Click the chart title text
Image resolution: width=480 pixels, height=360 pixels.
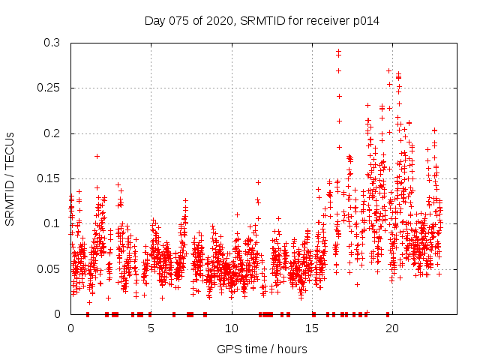click(262, 21)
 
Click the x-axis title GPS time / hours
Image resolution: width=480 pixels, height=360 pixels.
click(262, 349)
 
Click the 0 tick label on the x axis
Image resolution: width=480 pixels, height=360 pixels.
click(70, 328)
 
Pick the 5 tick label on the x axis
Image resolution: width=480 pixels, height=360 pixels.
click(151, 328)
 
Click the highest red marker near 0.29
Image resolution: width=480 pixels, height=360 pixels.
click(338, 52)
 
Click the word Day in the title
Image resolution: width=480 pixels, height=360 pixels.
click(154, 21)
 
